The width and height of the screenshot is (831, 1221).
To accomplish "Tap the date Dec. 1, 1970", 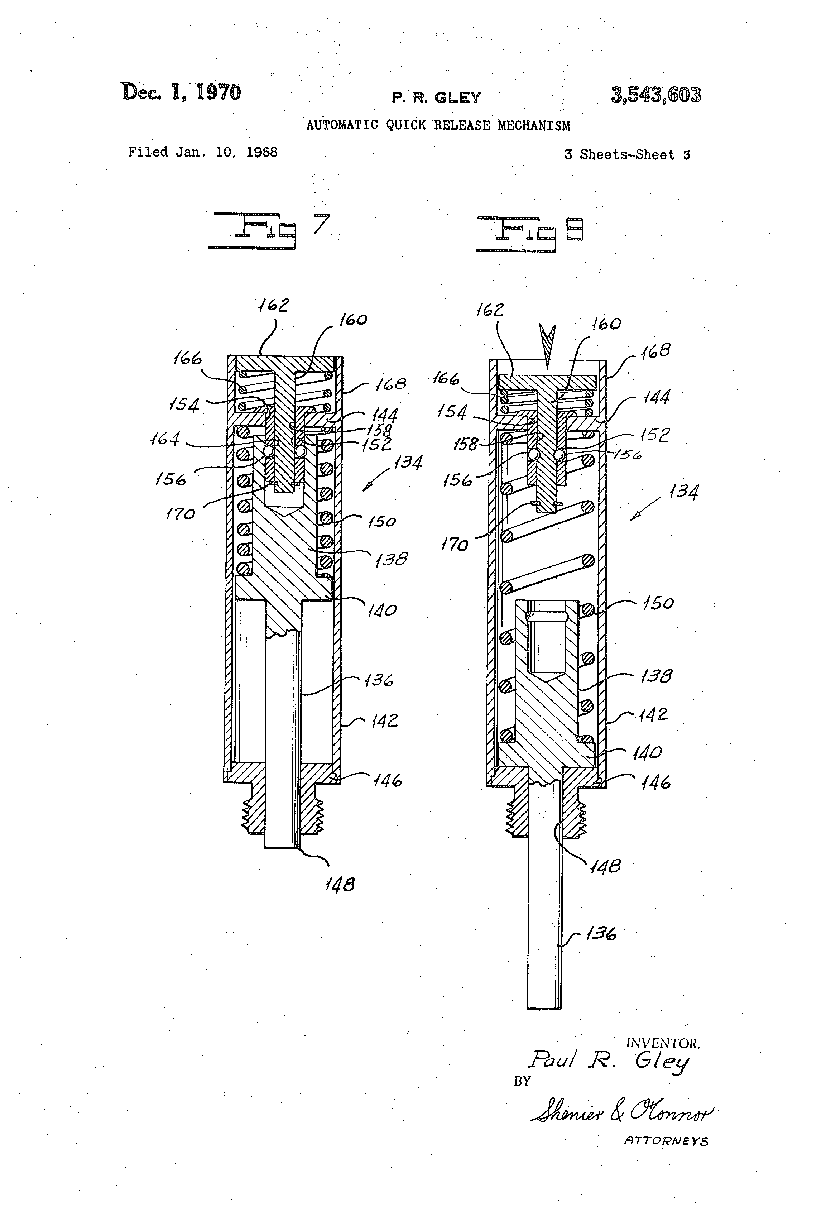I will pyautogui.click(x=181, y=92).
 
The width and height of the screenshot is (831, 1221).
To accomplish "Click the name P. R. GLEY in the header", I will pyautogui.click(x=436, y=98).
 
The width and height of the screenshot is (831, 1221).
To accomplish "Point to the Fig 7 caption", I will pyautogui.click(x=268, y=230).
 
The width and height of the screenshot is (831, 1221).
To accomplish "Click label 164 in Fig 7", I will pyautogui.click(x=165, y=438).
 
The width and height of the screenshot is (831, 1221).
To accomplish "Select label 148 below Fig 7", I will pyautogui.click(x=340, y=884).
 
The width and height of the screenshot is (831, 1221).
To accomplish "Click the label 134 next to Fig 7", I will pyautogui.click(x=408, y=462).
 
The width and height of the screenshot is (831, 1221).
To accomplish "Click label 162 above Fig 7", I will pyautogui.click(x=273, y=305).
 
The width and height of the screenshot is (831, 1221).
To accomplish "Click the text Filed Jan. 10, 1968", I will pyautogui.click(x=202, y=152).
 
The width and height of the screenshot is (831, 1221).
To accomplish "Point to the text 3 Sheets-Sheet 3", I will pyautogui.click(x=627, y=155).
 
